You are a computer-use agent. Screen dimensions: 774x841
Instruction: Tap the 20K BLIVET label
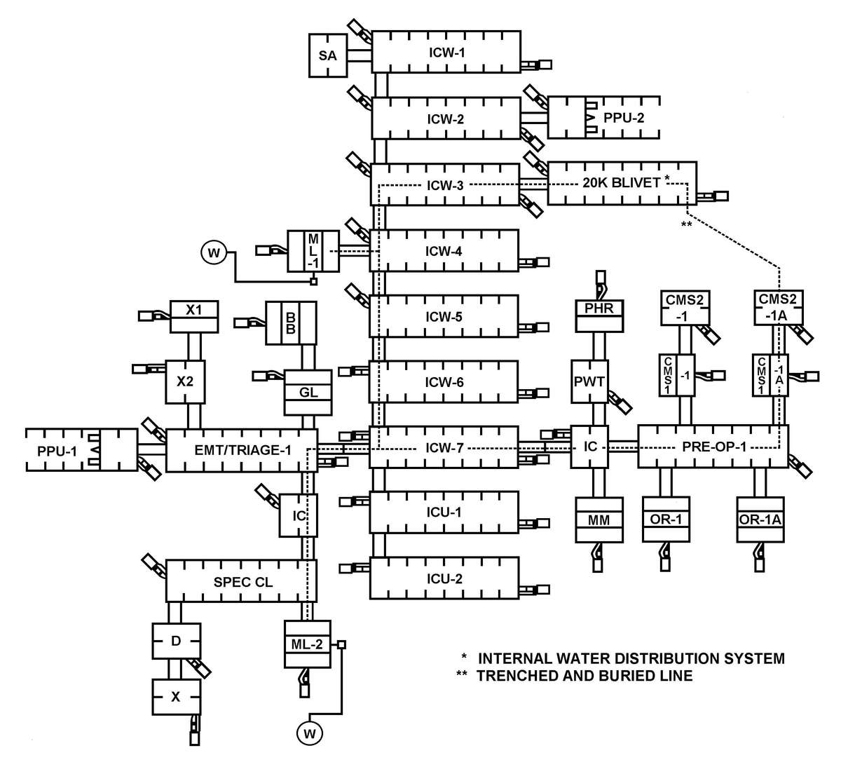[622, 183]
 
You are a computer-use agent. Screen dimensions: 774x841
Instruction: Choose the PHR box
[599, 308]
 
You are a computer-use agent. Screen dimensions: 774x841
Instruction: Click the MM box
[599, 520]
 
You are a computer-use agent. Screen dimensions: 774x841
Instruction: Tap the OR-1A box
[760, 520]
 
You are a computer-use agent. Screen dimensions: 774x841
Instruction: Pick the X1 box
[193, 309]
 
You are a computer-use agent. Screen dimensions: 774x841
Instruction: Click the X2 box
[185, 382]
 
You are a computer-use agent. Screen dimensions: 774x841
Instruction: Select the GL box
[308, 393]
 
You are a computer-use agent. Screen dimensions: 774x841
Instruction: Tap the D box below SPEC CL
[177, 641]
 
